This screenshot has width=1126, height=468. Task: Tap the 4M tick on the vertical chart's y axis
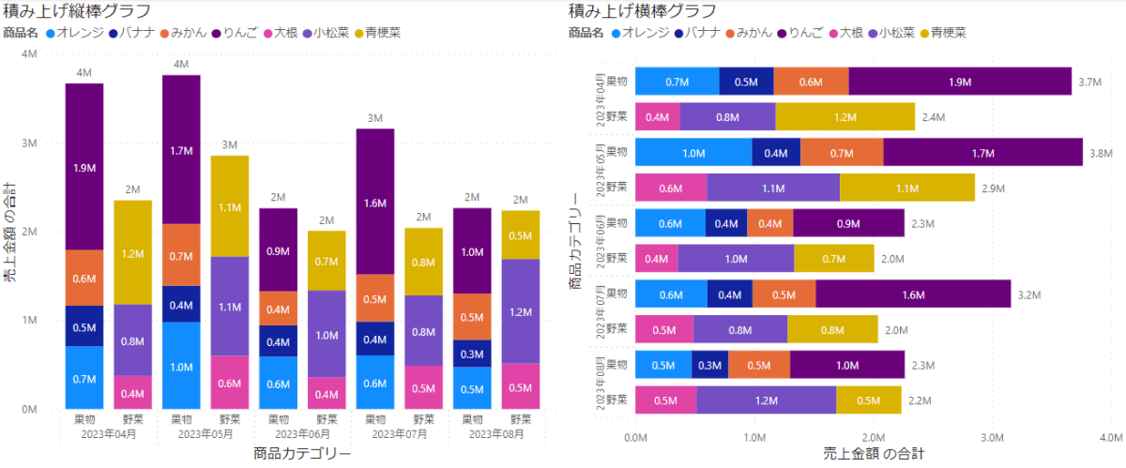(x=29, y=54)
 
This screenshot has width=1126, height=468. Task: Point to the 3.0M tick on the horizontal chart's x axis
(x=993, y=436)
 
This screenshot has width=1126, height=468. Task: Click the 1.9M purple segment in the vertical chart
(x=84, y=167)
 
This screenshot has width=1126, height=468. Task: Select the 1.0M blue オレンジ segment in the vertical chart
(x=181, y=366)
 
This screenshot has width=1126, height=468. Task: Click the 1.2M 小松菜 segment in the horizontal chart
(x=766, y=400)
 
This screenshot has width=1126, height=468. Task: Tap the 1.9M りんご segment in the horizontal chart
(x=959, y=82)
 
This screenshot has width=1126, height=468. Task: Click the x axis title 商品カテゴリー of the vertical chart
(x=302, y=454)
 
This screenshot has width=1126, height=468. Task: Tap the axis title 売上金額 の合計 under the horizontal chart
(x=873, y=454)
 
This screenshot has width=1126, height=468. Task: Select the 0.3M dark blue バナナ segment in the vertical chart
(x=472, y=354)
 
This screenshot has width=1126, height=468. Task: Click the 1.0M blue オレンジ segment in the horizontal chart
(x=693, y=153)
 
